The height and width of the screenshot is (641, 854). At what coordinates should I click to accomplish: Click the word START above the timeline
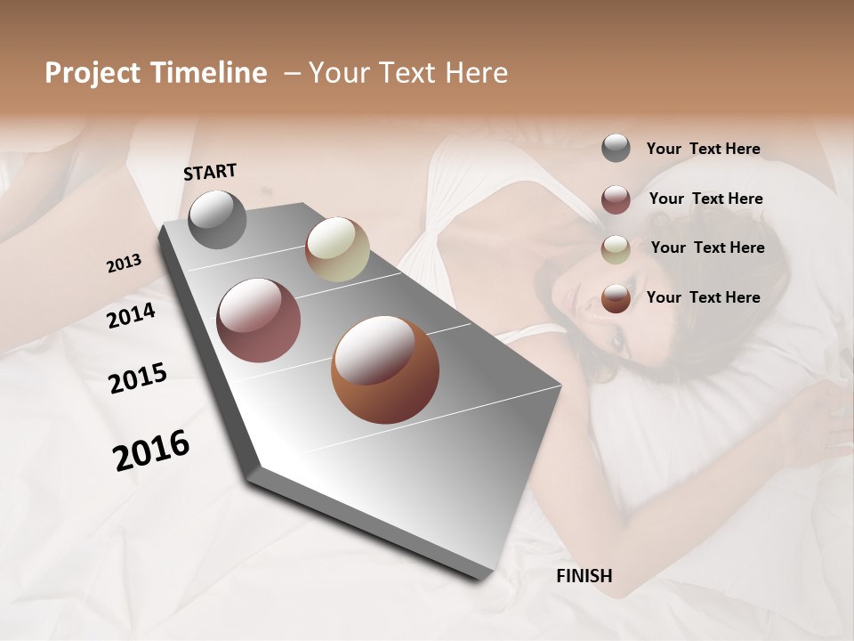click(210, 172)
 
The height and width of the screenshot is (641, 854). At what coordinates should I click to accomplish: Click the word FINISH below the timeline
click(584, 576)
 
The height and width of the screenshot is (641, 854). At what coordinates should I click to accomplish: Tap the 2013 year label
click(124, 264)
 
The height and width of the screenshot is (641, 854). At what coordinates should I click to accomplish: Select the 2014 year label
click(132, 315)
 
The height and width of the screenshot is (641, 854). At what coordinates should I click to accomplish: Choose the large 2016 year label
click(151, 450)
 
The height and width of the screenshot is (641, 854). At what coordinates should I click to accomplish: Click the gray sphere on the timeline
click(217, 219)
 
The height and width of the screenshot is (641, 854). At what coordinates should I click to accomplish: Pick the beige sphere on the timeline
click(337, 249)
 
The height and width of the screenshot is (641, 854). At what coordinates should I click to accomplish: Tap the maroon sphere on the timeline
click(259, 320)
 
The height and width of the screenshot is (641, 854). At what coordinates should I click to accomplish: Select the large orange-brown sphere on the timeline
click(385, 369)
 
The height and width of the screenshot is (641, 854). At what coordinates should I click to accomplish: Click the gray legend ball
click(616, 149)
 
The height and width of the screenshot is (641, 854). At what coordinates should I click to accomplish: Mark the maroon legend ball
click(616, 199)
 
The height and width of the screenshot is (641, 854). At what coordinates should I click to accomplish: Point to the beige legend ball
click(616, 249)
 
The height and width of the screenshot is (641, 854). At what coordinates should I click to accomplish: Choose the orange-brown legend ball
click(616, 298)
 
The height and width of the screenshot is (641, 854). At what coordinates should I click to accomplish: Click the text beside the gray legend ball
click(703, 149)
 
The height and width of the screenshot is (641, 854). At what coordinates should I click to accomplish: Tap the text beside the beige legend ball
click(707, 247)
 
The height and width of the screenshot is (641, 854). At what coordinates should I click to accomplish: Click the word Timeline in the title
click(210, 73)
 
